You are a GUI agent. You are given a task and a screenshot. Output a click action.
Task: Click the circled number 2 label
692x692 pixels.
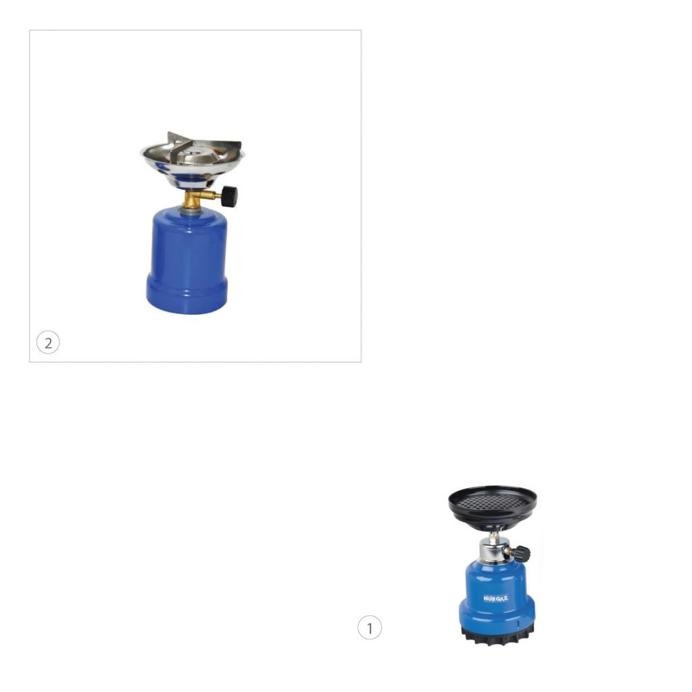pos(48,343)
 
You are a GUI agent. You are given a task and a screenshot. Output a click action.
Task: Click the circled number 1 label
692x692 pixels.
pos(370,627)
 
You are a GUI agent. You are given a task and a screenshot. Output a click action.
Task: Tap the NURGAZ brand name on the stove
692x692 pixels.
pos(495,599)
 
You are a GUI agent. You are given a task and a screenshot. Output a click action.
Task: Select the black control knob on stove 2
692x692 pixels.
pos(230,197)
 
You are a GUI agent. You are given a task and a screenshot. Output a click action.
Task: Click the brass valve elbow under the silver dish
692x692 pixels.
pos(194,199)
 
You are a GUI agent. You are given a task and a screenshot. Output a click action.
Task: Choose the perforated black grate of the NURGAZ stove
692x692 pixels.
pos(492,501)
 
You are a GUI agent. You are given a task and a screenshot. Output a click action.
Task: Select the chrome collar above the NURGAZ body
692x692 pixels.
pos(493,551)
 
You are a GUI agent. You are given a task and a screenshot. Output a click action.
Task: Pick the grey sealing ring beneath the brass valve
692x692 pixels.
pos(191,211)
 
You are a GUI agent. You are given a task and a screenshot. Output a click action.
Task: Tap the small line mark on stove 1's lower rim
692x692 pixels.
pos(518,624)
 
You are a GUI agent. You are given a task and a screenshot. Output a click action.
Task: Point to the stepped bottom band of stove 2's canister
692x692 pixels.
pos(187,295)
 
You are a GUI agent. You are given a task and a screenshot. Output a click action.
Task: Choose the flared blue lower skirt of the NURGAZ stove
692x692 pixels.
pos(497,611)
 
